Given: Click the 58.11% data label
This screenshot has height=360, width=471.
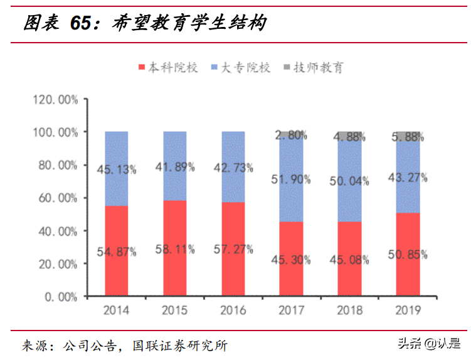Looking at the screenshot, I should [175, 250].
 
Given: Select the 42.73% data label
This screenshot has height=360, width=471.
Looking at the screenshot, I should [233, 167].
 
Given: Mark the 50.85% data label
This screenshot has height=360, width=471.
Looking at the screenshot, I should [408, 254].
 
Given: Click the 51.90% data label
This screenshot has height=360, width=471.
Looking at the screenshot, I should [292, 179].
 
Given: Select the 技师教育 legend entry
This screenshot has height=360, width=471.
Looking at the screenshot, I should [314, 68].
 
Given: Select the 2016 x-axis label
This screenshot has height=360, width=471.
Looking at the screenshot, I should [233, 310].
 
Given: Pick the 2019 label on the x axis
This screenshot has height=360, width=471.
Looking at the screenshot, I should [408, 310].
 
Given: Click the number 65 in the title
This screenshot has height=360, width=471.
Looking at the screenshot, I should [83, 24].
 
